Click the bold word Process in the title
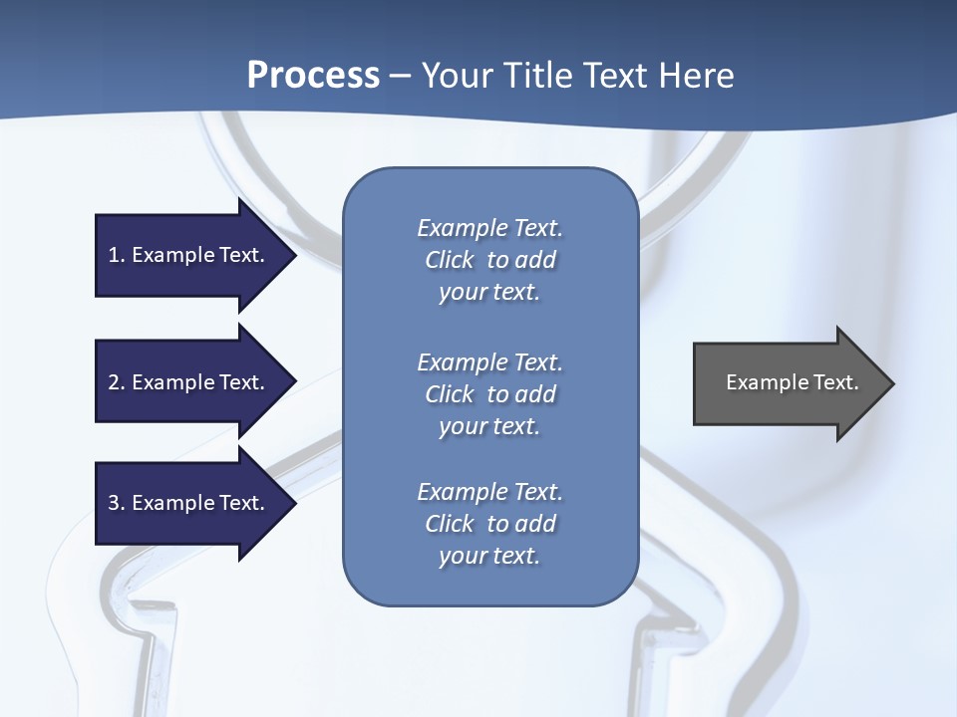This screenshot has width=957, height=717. click(313, 76)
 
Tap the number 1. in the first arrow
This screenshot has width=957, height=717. click(117, 255)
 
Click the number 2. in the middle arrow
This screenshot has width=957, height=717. click(117, 382)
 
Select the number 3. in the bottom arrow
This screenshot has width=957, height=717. click(117, 503)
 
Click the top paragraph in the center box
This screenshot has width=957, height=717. click(489, 260)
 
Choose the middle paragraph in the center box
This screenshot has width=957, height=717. click(489, 394)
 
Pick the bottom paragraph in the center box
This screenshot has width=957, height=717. click(489, 524)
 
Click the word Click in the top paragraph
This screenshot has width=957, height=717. click(450, 260)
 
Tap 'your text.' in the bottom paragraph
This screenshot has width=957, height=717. click(489, 556)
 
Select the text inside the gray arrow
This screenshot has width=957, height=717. click(793, 382)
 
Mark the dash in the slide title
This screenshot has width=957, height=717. click(400, 76)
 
